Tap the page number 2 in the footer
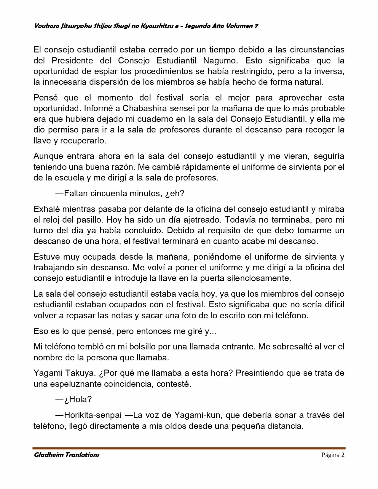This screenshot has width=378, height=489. point(343,455)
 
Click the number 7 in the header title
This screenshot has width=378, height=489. point(256,26)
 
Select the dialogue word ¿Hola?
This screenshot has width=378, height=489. point(78,399)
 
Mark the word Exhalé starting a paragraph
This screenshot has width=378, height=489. point(47,209)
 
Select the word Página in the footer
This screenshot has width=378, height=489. point(330,455)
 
